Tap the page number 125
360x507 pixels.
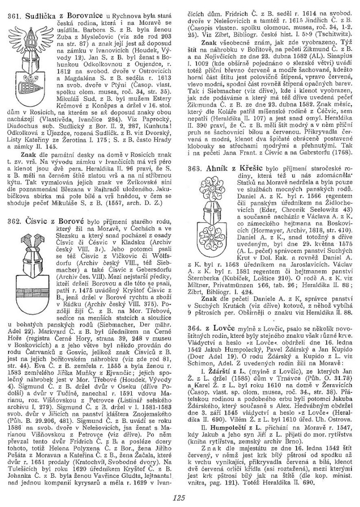(180, 497)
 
